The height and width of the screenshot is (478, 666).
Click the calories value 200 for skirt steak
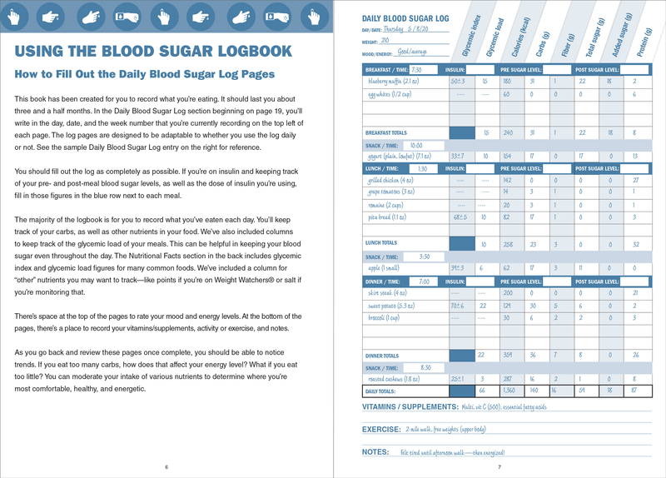508,293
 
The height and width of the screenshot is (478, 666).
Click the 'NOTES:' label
375,451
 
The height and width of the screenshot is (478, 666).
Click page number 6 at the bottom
166,466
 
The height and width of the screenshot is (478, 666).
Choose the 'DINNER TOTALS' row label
386,356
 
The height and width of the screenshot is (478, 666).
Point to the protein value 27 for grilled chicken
634,180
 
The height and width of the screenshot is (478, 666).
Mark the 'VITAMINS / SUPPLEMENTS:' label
410,407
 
